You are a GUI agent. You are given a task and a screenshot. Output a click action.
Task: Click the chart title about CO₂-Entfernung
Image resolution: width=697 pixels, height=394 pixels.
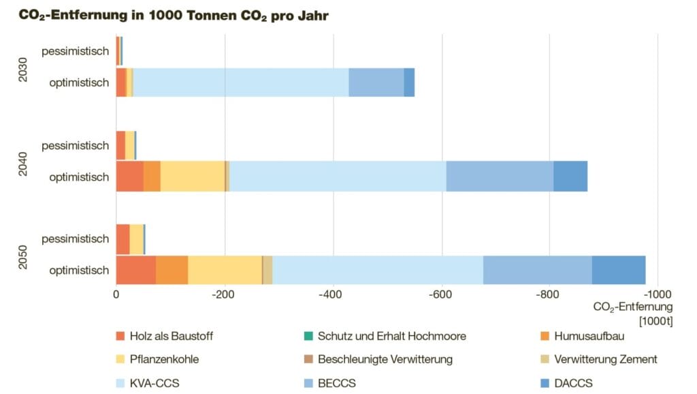[174, 14]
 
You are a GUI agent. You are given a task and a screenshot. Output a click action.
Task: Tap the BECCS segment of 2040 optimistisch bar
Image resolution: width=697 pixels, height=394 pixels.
[499, 177]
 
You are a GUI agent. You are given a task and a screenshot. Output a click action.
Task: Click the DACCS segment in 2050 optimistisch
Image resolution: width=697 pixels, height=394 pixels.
[618, 270]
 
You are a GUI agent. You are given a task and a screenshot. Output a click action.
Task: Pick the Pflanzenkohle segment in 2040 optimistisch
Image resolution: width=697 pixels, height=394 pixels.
[192, 177]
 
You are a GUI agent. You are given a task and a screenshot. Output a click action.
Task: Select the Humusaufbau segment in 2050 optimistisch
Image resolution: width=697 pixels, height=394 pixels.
[173, 270]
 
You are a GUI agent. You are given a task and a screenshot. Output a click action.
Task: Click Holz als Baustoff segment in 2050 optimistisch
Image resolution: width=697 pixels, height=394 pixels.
[135, 270]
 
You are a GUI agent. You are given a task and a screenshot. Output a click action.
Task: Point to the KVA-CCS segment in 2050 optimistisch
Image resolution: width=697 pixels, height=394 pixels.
[367, 270]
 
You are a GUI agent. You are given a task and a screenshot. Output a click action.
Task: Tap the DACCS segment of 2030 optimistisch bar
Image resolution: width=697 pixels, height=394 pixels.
[409, 82]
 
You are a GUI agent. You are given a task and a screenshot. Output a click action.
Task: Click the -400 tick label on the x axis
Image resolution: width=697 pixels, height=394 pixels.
[332, 295]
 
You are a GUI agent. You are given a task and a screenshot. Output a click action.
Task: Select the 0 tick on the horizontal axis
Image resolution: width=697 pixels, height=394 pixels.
[116, 295]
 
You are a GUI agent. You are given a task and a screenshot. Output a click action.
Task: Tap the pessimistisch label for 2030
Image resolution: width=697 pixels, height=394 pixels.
[75, 51]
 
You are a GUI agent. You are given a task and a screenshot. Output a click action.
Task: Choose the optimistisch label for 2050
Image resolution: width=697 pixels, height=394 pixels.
[79, 271]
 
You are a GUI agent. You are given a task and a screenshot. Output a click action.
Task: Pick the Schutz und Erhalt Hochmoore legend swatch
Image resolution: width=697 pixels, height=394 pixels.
[308, 335]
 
